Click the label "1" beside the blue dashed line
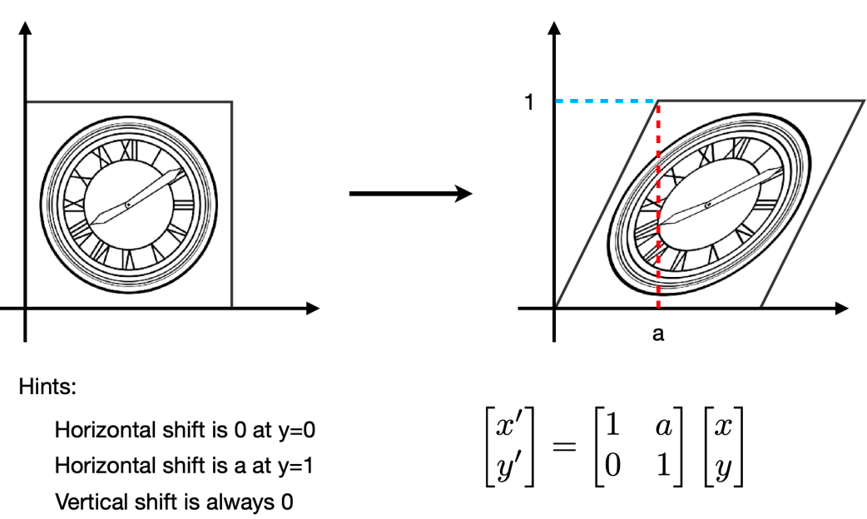pyautogui.click(x=528, y=102)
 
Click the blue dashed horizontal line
pyautogui.click(x=607, y=101)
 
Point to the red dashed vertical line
pyautogui.click(x=658, y=166)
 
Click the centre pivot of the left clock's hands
pyautogui.click(x=127, y=205)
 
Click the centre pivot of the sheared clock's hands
pyautogui.click(x=707, y=205)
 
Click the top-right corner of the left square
pyautogui.click(x=231, y=101)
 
